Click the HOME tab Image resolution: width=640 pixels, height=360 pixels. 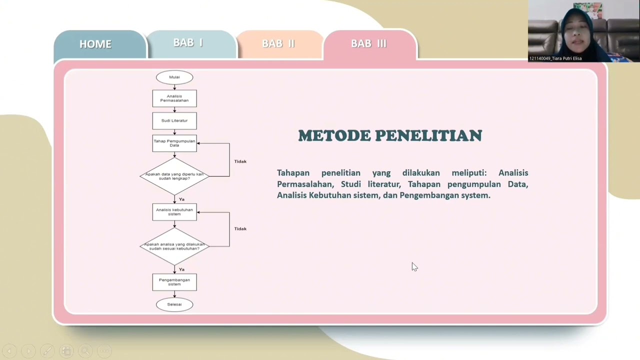[95, 44]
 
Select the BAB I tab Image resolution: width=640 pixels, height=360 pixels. [188, 43]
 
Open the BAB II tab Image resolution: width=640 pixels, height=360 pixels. [278, 43]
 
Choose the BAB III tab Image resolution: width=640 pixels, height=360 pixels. [368, 43]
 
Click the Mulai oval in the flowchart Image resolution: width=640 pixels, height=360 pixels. [174, 77]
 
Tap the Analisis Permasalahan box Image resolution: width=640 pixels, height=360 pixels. [174, 98]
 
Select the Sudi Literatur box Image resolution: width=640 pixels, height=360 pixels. [174, 120]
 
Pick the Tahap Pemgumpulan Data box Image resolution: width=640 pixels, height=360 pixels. [174, 143]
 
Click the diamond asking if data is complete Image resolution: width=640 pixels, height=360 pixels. [174, 176]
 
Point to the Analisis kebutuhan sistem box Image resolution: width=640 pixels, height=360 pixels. [174, 212]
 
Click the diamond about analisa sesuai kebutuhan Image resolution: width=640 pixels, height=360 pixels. [174, 246]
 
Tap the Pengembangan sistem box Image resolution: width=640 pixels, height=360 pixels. [174, 282]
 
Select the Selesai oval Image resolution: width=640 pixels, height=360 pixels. [174, 304]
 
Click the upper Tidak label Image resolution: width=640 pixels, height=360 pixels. [240, 161]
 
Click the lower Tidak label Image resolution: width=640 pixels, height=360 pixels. [240, 228]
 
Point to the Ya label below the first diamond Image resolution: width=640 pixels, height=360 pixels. [181, 199]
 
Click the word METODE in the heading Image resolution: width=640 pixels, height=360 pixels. [334, 135]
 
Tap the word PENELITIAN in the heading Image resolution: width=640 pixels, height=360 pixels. [428, 135]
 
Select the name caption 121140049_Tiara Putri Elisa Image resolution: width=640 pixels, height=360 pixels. [555, 58]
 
